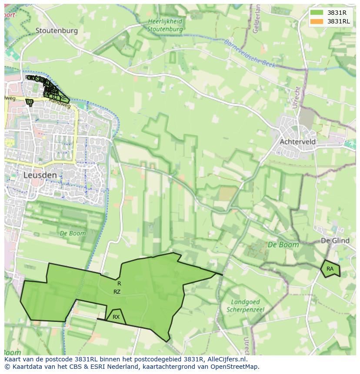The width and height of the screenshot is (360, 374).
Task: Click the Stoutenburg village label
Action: [x=57, y=30]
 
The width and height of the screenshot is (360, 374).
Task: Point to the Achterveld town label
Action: [x=298, y=142]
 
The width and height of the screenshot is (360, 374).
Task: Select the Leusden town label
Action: [x=40, y=175]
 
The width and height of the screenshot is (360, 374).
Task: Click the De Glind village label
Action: [x=335, y=241]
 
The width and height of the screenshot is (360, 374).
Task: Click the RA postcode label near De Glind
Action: [x=330, y=269]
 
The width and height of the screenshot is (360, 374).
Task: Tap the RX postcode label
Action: [x=116, y=317]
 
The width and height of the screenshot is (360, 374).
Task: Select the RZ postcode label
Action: [x=117, y=292]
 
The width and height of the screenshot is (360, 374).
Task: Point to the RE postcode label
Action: [x=63, y=98]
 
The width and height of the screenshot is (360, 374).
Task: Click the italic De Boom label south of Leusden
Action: [x=73, y=233]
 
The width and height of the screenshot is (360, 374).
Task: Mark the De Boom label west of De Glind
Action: [x=283, y=245]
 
